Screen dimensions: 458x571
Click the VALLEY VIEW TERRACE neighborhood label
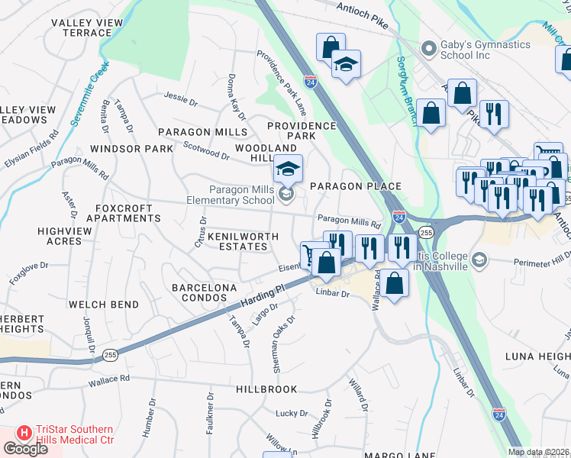(x=86, y=28)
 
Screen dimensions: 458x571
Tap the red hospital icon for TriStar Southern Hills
(x=24, y=433)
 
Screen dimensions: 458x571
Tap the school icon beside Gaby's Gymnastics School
(x=428, y=46)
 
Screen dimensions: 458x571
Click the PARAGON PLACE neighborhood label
(x=355, y=186)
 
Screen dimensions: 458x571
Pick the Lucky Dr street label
(x=292, y=413)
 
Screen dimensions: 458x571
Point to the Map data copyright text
(x=538, y=452)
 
